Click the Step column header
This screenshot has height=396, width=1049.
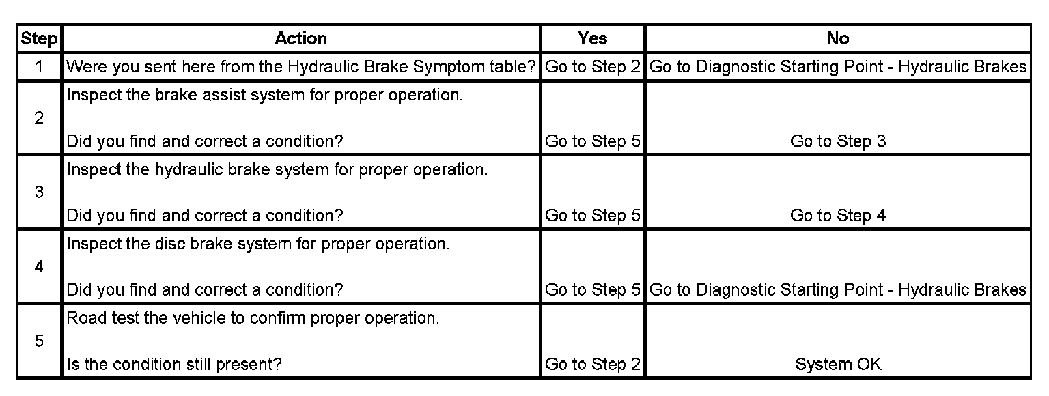pyautogui.click(x=39, y=39)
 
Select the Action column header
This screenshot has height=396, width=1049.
pyautogui.click(x=300, y=39)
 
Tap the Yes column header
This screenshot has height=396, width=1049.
pyautogui.click(x=592, y=39)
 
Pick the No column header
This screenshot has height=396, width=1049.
pyautogui.click(x=837, y=39)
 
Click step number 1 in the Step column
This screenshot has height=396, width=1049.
pyautogui.click(x=39, y=67)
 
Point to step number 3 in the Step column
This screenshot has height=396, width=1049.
pyautogui.click(x=39, y=193)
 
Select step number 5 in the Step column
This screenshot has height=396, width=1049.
pyautogui.click(x=39, y=341)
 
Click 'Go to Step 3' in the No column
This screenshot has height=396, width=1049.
pyautogui.click(x=837, y=141)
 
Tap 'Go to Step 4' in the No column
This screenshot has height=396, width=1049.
pyautogui.click(x=837, y=216)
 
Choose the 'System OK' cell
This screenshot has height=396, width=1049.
pyautogui.click(x=837, y=365)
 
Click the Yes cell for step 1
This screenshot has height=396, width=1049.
pyautogui.click(x=592, y=67)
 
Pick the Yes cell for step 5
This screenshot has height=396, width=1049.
pyautogui.click(x=592, y=365)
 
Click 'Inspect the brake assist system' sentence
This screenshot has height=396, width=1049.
pyautogui.click(x=265, y=95)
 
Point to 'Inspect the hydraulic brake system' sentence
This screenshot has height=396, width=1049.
pyautogui.click(x=277, y=169)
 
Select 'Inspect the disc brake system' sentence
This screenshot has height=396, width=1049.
pyautogui.click(x=258, y=244)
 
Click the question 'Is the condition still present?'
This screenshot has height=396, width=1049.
pyautogui.click(x=174, y=365)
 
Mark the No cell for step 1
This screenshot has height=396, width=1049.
pyautogui.click(x=837, y=67)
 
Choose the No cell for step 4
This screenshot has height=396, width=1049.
pyautogui.click(x=837, y=290)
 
